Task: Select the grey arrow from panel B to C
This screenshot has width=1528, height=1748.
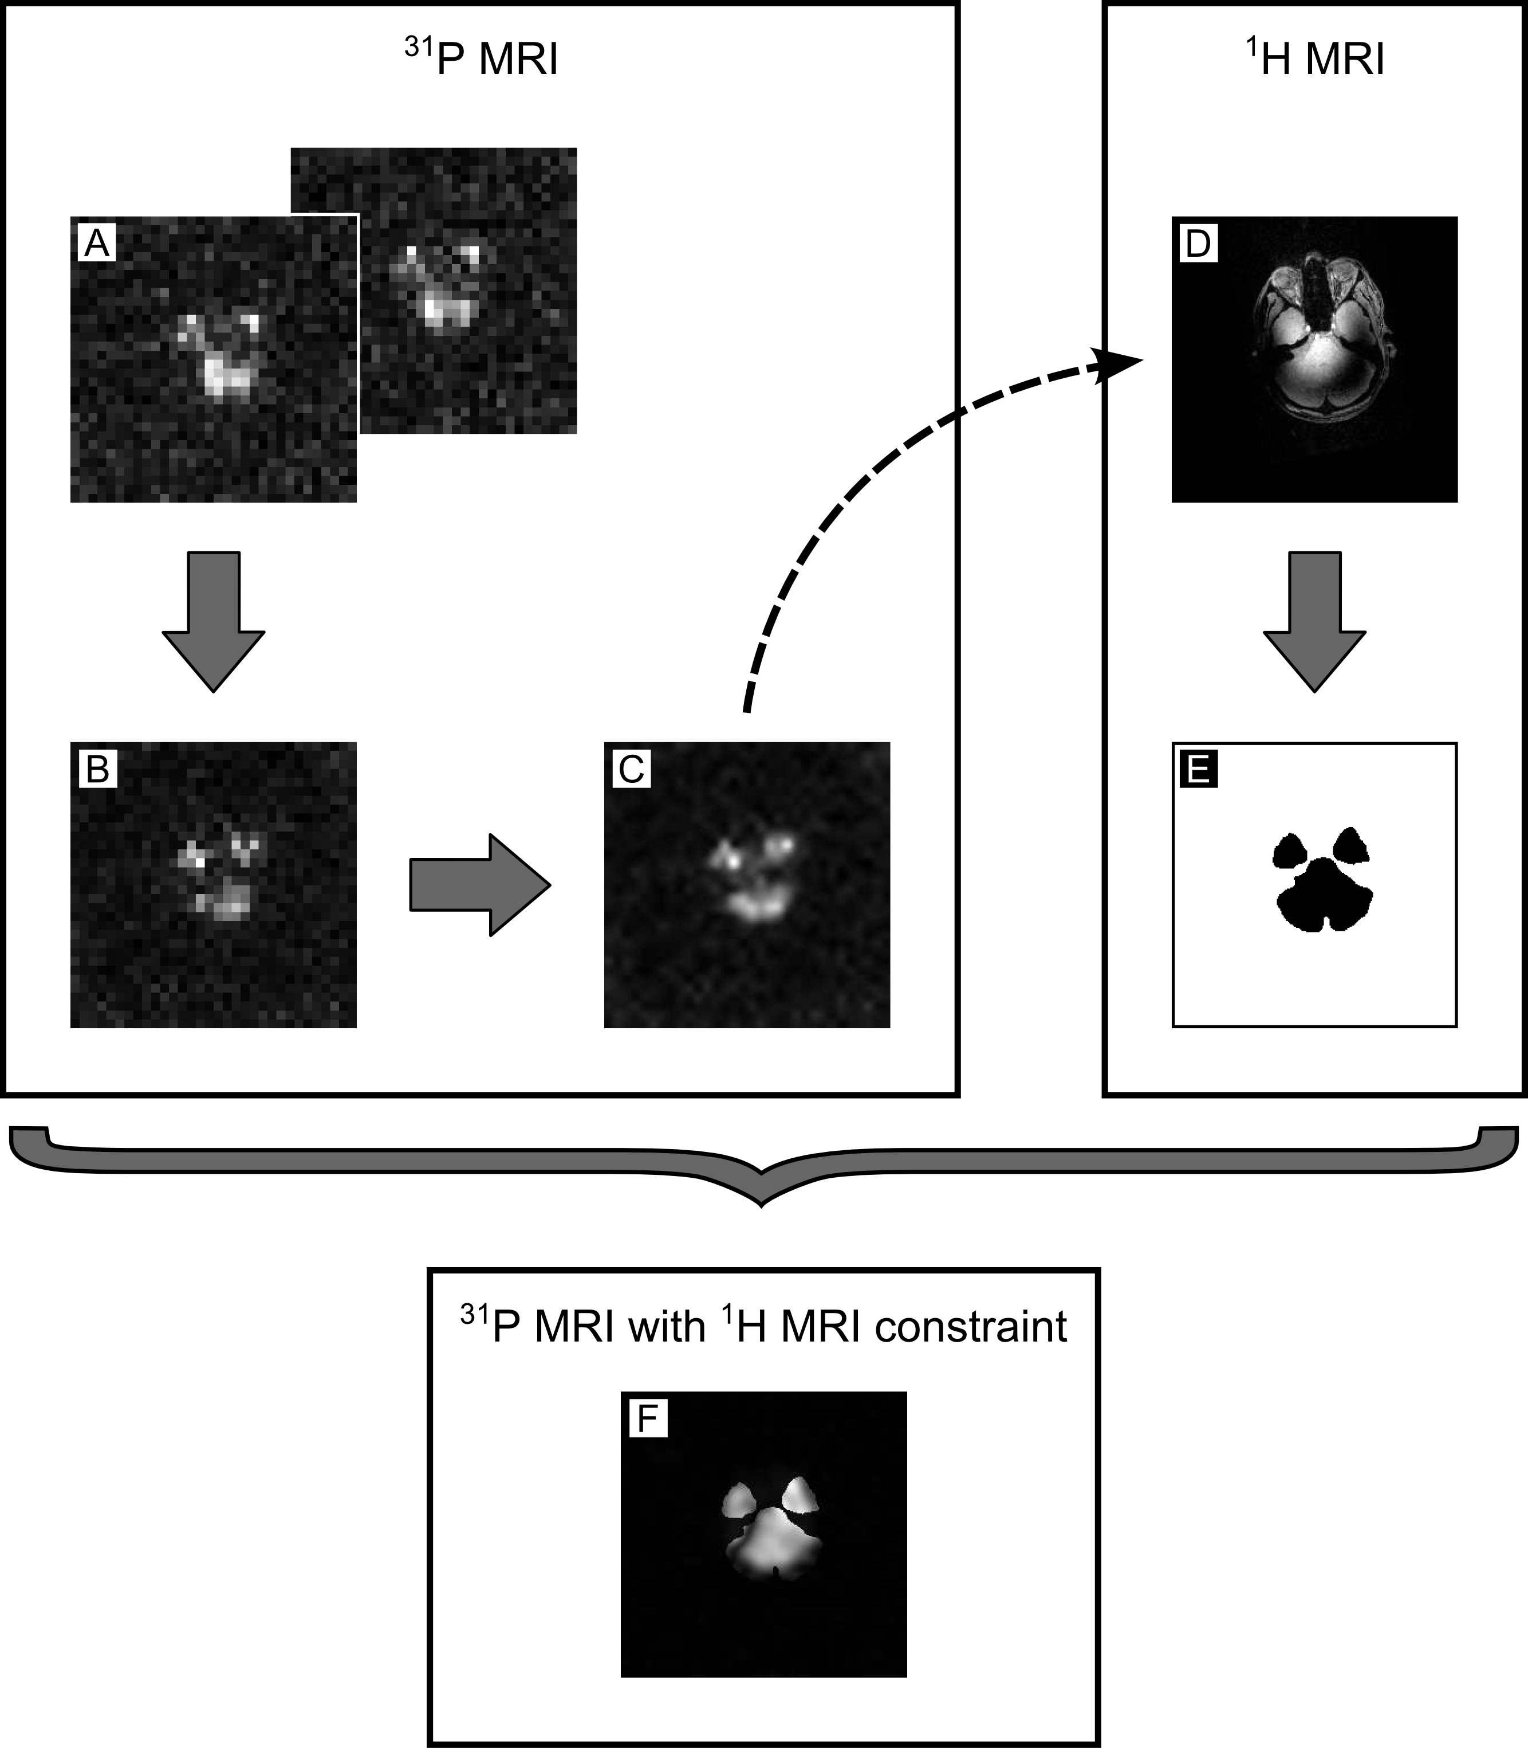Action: pos(479,885)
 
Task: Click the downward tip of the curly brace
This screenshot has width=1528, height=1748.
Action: pos(762,1201)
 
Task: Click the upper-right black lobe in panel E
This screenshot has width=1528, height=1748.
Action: pos(1350,846)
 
